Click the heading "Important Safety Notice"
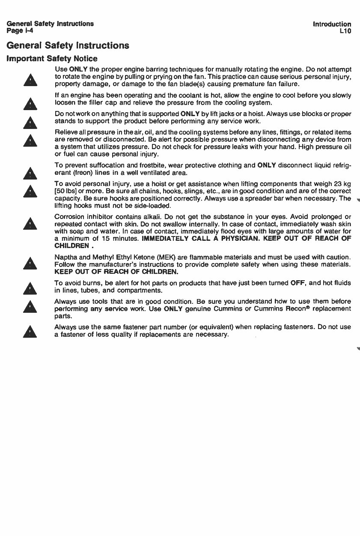[x=51, y=59]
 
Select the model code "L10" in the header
[x=345, y=31]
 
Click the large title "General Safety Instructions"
[x=67, y=45]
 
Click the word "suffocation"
[x=106, y=165]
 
